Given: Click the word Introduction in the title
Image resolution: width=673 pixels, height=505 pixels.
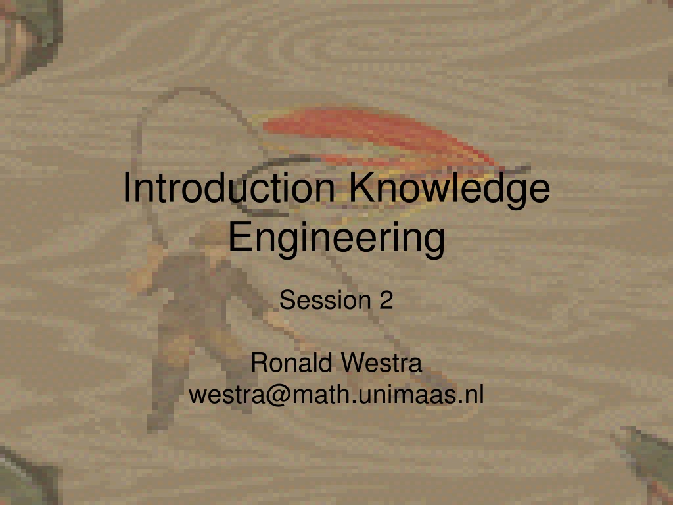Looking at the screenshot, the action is (229, 187).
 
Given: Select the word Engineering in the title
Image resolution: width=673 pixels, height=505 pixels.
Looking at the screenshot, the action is (336, 239).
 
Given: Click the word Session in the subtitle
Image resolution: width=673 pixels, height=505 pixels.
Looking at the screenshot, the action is (325, 300).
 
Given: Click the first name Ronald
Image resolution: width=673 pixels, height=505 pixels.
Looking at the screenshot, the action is (292, 362).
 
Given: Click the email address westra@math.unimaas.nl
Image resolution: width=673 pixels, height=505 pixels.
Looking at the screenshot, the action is (336, 395).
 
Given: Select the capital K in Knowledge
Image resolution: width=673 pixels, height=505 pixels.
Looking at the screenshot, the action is (362, 187).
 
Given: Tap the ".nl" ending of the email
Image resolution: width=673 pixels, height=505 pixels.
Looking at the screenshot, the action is (471, 395).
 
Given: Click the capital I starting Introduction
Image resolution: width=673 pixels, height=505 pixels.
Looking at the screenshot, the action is (126, 187).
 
